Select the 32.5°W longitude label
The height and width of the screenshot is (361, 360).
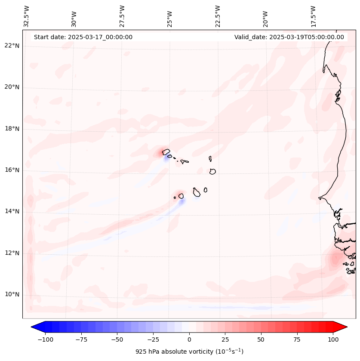click(27, 16)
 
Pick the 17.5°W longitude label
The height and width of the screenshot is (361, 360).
click(313, 16)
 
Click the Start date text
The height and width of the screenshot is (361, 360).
click(83, 37)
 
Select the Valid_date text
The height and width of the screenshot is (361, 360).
click(289, 37)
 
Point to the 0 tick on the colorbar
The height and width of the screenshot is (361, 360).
click(189, 339)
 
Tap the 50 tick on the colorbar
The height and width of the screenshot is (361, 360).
click(261, 339)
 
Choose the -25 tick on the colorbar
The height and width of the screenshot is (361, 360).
click(153, 339)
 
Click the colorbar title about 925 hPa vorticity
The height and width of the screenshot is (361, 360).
click(189, 352)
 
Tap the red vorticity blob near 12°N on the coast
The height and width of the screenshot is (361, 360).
click(335, 259)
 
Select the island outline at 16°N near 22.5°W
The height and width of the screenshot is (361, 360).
click(212, 171)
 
